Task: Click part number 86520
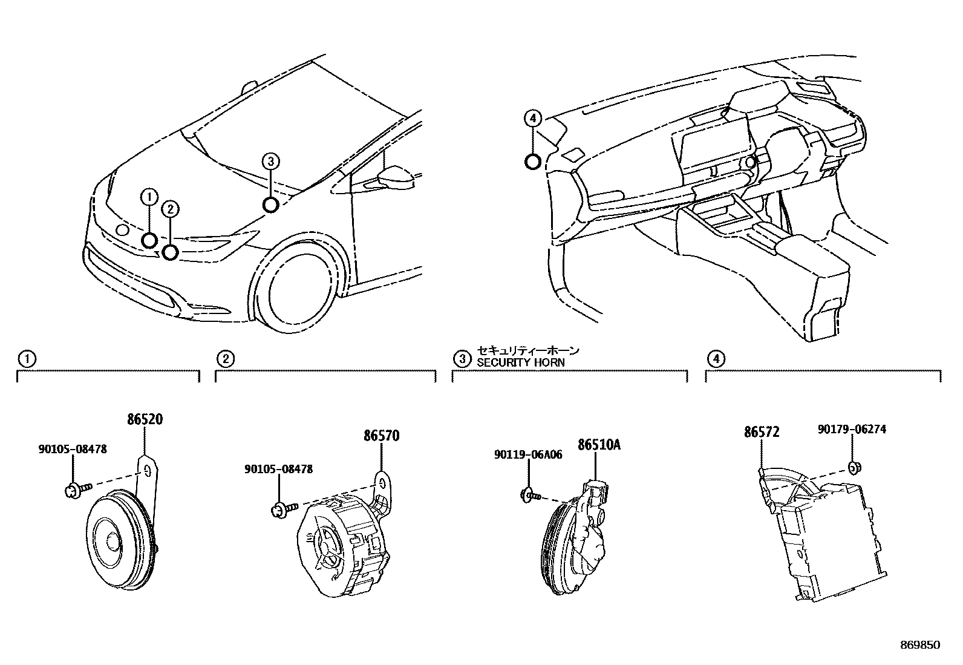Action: point(145,419)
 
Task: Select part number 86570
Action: point(381,436)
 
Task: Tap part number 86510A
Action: point(599,445)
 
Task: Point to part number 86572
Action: point(761,432)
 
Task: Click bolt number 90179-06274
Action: point(852,429)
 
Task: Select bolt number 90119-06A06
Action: point(528,454)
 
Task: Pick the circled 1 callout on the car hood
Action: point(149,196)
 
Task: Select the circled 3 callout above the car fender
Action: point(270,161)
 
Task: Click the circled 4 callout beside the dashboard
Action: point(532,119)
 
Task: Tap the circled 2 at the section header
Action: point(225,359)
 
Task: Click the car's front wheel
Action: point(301,288)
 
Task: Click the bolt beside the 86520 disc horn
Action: point(74,489)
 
